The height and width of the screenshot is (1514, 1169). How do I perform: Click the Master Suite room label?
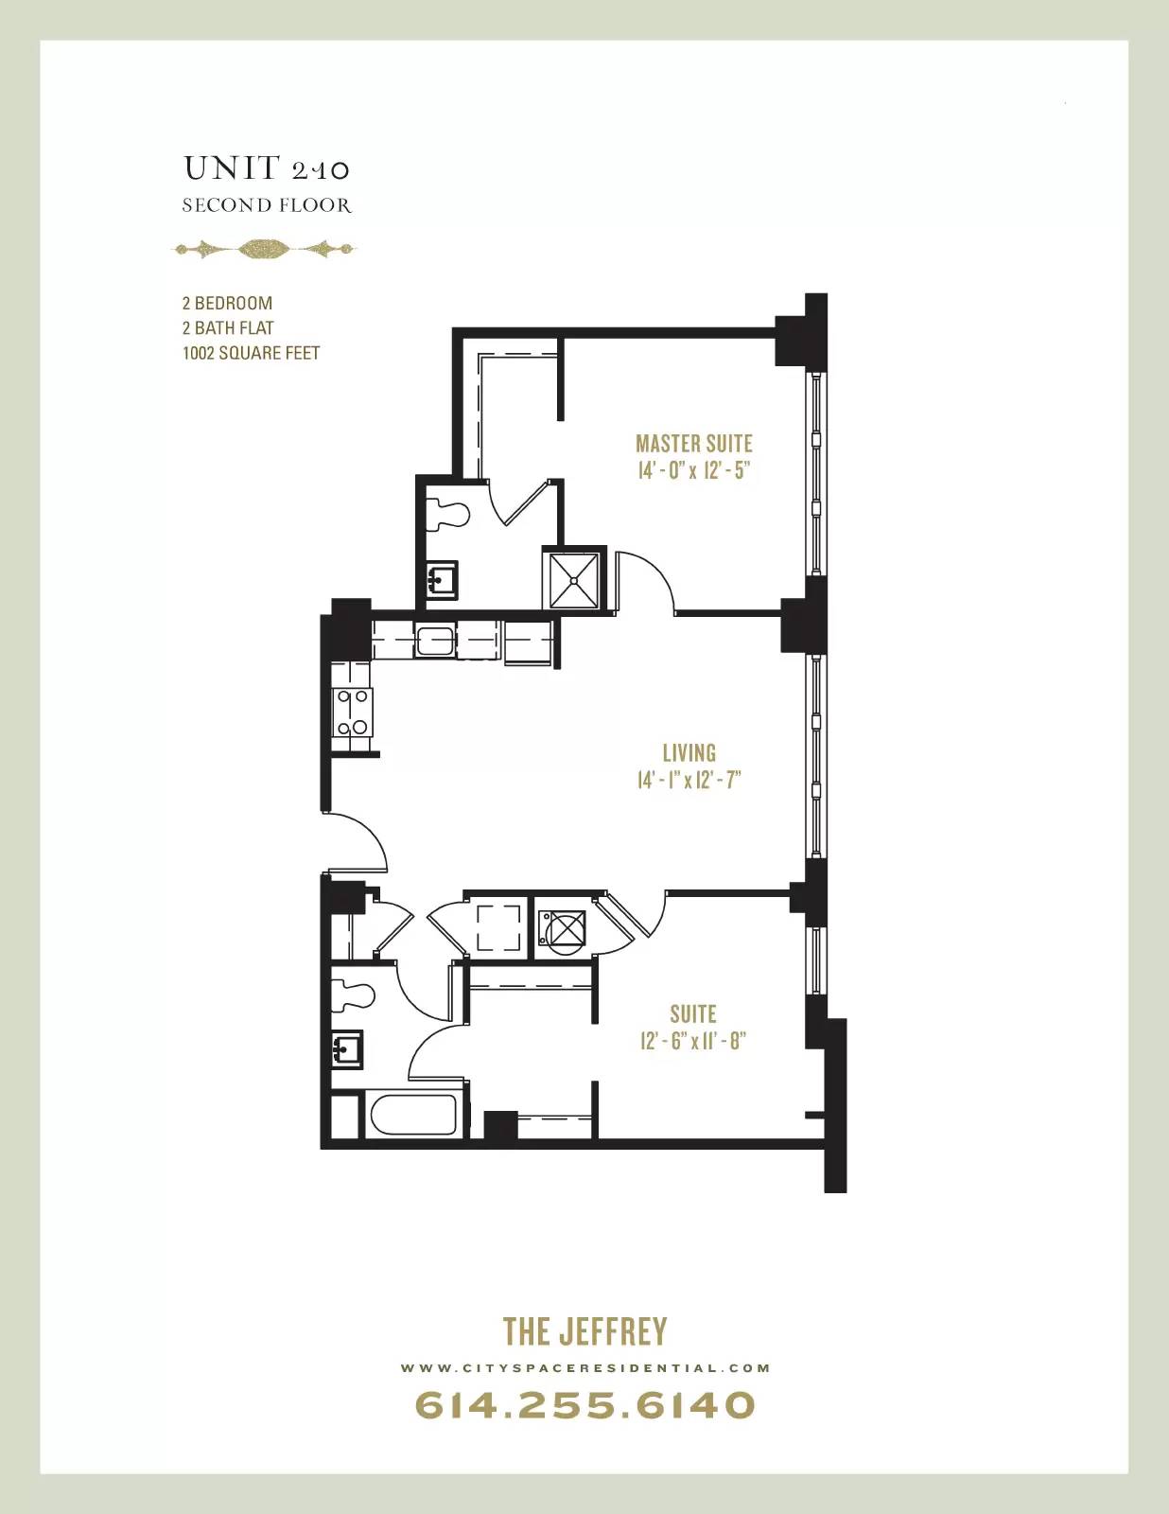[693, 444]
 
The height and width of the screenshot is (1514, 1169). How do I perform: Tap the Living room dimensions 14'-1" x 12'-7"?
[689, 780]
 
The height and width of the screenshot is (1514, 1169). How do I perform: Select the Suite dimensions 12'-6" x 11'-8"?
[692, 1041]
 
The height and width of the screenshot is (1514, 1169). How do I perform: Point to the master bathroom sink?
[442, 579]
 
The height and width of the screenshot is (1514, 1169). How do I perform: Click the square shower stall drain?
[574, 580]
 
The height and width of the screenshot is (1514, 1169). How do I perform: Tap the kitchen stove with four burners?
[352, 713]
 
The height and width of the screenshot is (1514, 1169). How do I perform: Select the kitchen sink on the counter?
[435, 641]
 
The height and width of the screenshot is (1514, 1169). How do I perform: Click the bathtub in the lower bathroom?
[413, 1116]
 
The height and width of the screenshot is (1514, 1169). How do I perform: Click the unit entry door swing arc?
[369, 836]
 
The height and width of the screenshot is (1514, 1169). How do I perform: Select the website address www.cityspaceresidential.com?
[584, 1367]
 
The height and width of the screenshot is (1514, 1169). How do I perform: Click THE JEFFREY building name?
[584, 1331]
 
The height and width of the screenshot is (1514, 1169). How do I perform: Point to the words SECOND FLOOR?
[267, 204]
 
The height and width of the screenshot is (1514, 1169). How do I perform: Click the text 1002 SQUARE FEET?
[251, 353]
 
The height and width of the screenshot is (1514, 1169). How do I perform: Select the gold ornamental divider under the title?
[265, 249]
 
